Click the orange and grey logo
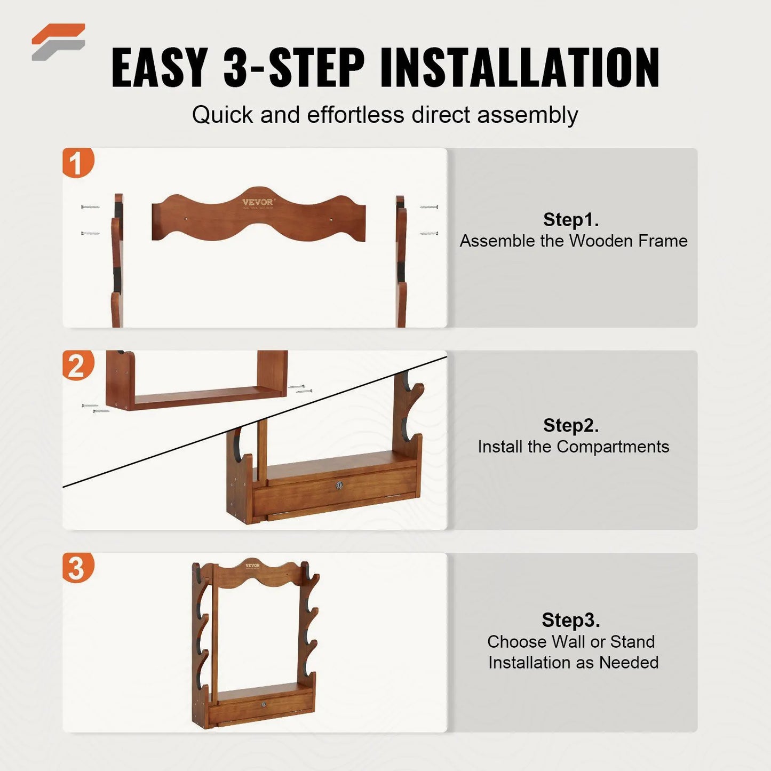58,42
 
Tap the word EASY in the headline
160,68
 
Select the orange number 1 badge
77,163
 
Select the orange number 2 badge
77,365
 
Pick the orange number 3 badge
77,568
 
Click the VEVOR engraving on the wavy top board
257,202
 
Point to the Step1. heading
571,219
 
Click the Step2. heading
571,425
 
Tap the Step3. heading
571,620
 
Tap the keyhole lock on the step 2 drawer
339,485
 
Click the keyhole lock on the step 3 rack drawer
264,705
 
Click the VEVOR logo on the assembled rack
252,566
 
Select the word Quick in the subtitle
222,115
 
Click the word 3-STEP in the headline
294,68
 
